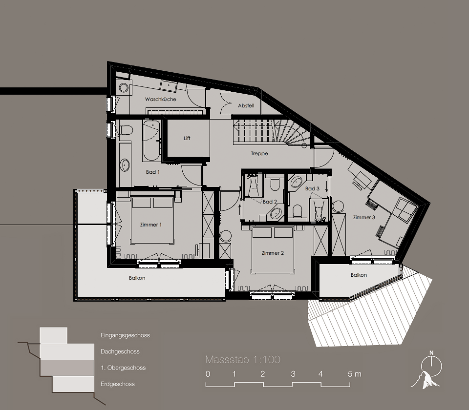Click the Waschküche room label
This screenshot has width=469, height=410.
160,99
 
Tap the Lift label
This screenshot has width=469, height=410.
187,138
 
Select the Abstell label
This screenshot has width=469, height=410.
246,106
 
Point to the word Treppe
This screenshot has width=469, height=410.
259,153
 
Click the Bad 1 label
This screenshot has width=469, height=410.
153,172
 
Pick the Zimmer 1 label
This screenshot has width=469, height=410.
151,225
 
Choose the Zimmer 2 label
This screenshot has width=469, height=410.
273,253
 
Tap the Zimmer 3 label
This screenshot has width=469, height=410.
364,217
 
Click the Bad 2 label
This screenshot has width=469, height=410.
270,202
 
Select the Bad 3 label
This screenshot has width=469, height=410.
312,188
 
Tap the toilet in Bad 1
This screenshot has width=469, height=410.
126,131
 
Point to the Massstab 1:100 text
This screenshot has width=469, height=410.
243,360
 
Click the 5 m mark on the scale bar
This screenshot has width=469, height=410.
355,374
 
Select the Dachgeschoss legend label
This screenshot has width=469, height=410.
120,351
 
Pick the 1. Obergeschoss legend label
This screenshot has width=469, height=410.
123,368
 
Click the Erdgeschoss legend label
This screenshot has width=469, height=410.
117,384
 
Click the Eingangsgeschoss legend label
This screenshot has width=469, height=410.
125,335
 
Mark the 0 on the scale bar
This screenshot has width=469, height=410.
208,374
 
